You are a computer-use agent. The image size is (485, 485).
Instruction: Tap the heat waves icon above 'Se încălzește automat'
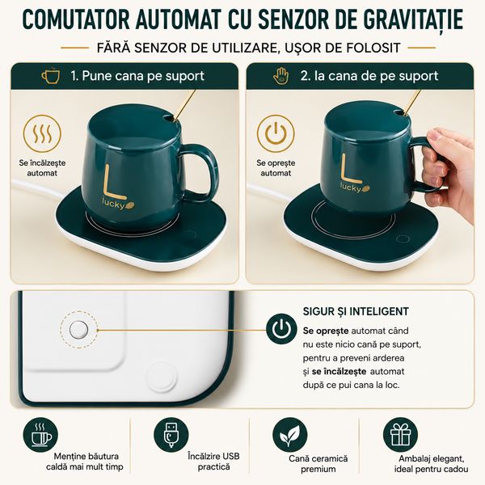[42, 133]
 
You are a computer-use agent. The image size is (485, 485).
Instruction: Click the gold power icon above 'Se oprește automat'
[276, 133]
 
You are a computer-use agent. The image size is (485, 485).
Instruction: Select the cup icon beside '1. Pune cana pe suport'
[50, 75]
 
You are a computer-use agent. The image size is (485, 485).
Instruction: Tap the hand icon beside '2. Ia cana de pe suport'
[280, 76]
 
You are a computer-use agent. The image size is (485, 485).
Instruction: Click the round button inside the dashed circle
[78, 330]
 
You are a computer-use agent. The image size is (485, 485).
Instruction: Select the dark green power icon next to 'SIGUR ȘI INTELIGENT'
[281, 329]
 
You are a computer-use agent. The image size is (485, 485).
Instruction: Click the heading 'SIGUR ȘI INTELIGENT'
[356, 311]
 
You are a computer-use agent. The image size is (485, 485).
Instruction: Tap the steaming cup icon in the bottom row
[40, 435]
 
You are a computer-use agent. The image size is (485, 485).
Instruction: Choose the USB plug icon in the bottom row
[171, 435]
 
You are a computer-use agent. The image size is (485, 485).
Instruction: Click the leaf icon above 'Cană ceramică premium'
[290, 435]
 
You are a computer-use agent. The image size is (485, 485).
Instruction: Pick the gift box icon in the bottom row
[400, 435]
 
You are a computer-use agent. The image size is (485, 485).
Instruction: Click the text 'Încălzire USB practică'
[213, 462]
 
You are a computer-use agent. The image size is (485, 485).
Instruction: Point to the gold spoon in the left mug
[183, 106]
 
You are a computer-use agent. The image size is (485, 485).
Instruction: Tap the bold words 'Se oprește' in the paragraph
[326, 331]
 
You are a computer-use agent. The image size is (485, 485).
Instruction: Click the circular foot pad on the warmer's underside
[162, 377]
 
